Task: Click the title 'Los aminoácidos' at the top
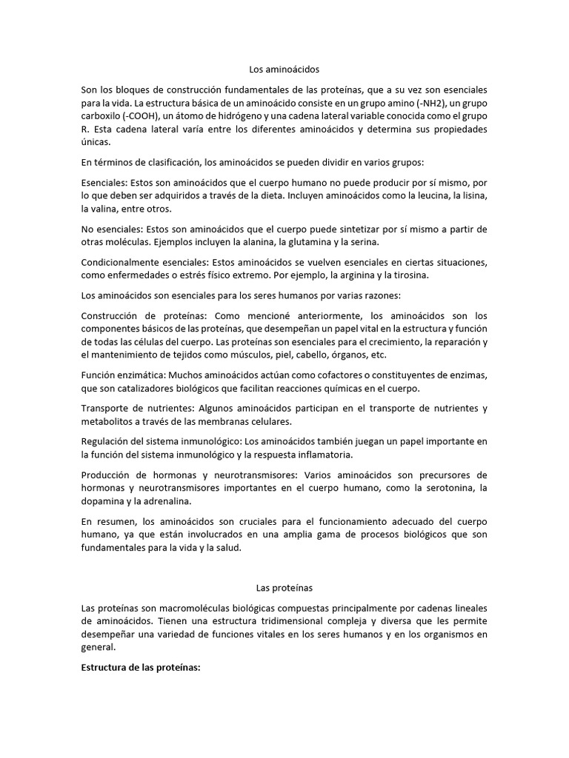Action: coord(284,69)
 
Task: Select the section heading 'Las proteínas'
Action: coord(284,588)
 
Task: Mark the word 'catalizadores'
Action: coord(136,389)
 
